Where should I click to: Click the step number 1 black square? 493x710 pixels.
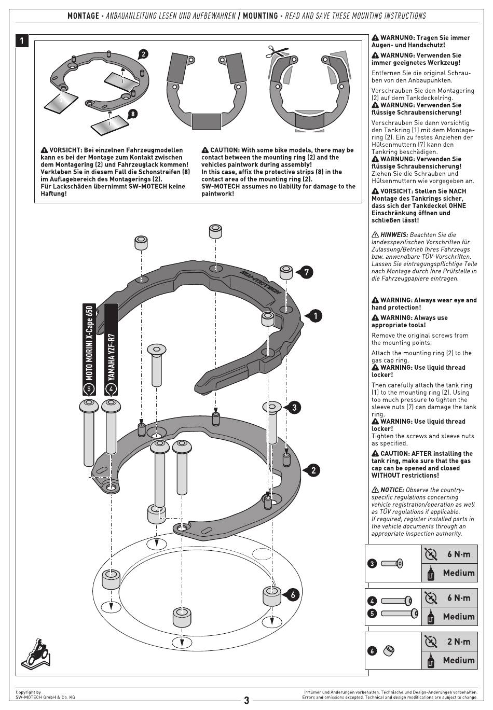(x=22, y=41)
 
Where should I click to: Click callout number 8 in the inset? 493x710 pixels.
(x=133, y=114)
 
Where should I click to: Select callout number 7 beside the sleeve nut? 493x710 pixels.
(x=306, y=272)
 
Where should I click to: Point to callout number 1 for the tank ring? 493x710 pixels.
(x=315, y=316)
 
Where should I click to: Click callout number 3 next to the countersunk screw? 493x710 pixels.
(x=294, y=407)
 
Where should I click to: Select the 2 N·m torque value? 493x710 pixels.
(x=458, y=642)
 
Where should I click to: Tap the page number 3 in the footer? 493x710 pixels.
(x=246, y=700)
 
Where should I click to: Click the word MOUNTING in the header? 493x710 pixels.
(x=260, y=16)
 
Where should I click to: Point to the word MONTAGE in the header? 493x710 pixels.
(x=83, y=16)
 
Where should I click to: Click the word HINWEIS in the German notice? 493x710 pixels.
(x=394, y=235)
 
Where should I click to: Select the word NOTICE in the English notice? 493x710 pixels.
(x=392, y=490)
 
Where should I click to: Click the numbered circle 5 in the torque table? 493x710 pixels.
(x=372, y=614)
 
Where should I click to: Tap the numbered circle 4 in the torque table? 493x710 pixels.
(x=372, y=601)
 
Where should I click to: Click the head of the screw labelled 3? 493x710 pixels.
(x=272, y=406)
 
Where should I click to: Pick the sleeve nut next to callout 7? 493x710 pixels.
(x=286, y=272)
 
